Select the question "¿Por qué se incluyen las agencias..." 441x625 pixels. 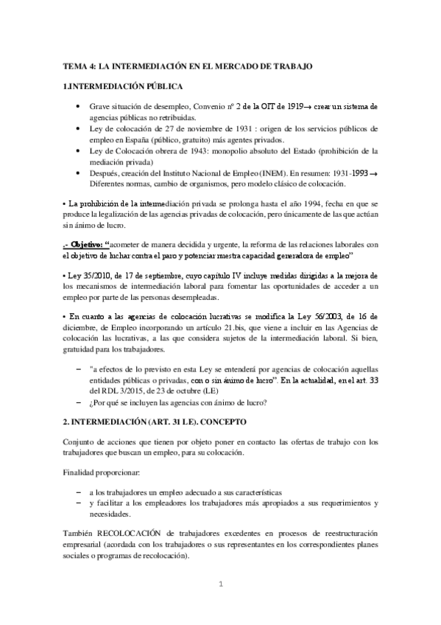point(177,402)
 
